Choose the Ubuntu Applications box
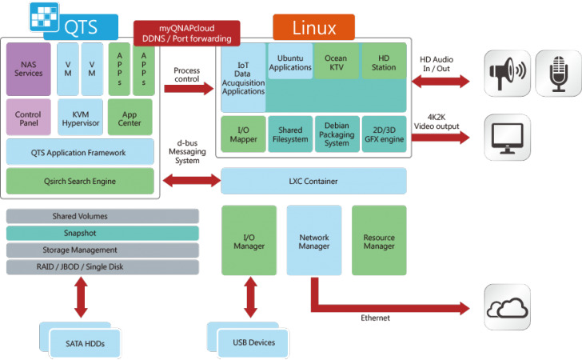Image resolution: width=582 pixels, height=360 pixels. coord(290,62)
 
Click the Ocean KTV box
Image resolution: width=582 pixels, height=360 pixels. coord(337,62)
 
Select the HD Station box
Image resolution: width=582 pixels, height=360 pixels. coord(384,62)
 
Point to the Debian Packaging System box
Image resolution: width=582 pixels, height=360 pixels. coord(337,134)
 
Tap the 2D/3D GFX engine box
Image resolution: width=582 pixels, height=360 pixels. coord(384,134)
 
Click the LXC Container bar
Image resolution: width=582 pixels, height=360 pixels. coord(314,182)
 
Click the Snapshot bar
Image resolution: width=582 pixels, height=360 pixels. coord(102,233)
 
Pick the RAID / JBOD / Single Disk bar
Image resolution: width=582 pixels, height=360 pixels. coord(102,267)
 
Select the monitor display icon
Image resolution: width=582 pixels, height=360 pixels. coord(507,136)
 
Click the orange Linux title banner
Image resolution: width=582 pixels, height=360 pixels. coord(313,27)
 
